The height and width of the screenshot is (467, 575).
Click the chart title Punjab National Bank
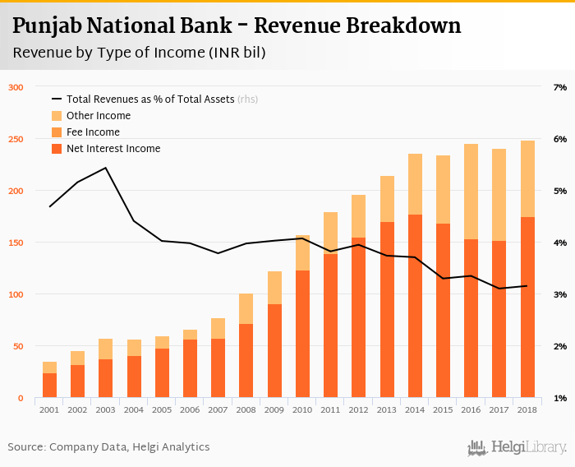[x=237, y=25]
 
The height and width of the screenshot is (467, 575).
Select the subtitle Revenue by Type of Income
[x=139, y=53]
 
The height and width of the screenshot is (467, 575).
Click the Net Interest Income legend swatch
[x=57, y=149]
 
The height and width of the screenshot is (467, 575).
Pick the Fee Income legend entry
[x=93, y=132]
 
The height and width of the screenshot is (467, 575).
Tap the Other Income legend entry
[x=98, y=116]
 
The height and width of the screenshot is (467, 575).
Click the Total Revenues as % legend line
[x=57, y=99]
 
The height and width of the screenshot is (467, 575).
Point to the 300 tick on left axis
[x=16, y=87]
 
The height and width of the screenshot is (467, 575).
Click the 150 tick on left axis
[x=16, y=243]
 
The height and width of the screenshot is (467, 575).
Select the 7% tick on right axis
[x=561, y=87]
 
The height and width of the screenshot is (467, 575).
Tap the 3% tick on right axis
[x=561, y=294]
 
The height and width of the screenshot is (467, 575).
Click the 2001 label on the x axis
[x=50, y=409]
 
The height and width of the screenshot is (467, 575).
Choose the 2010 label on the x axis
[x=302, y=409]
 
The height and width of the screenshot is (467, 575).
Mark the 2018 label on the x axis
[x=527, y=409]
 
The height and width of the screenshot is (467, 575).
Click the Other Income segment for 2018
[x=527, y=178]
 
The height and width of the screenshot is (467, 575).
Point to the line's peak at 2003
[x=106, y=168]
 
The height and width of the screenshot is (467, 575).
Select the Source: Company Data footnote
[x=108, y=447]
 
